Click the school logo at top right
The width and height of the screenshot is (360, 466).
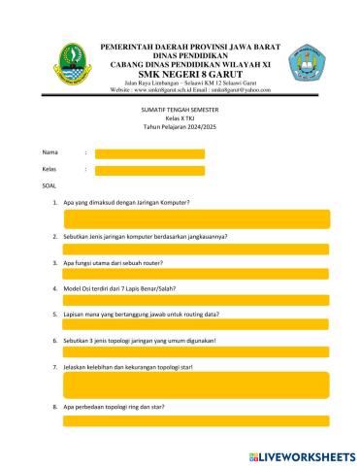[308, 64]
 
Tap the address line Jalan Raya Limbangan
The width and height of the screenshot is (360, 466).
[184, 83]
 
